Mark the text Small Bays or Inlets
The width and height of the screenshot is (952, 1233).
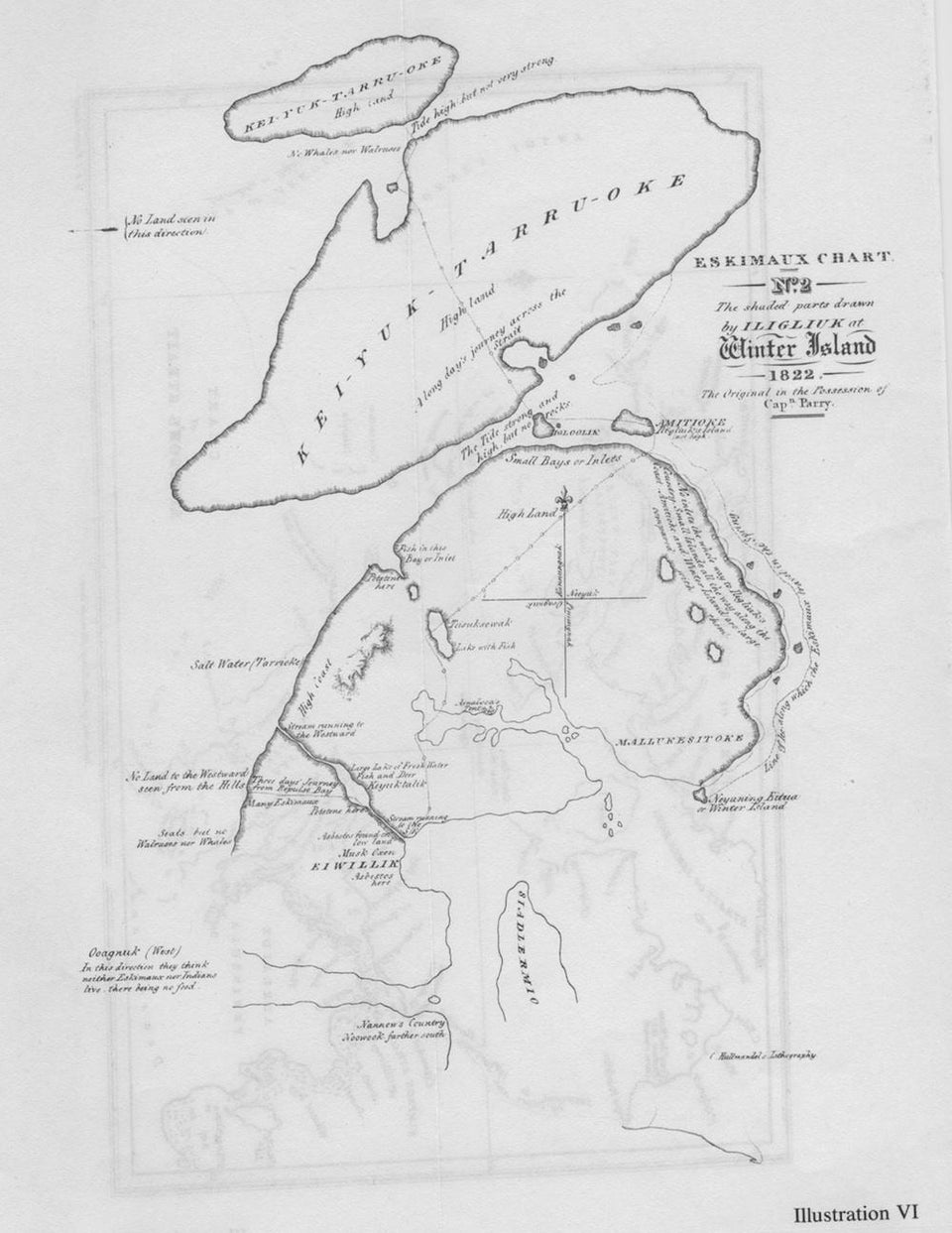[x=562, y=460]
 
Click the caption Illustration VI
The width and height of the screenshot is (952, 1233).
[x=856, y=1211]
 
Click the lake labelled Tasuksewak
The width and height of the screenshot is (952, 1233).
[x=436, y=629]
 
